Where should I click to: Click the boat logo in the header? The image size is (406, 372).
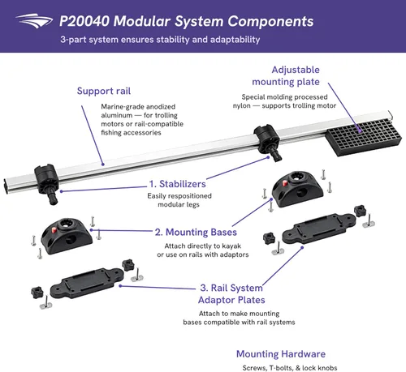(x=34, y=21)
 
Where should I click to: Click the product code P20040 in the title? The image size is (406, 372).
(x=84, y=21)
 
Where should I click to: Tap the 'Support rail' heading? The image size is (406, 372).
(x=104, y=91)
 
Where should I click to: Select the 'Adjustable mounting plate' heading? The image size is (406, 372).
(x=286, y=75)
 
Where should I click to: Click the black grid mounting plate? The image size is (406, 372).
(x=364, y=137)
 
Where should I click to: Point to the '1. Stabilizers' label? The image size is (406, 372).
(x=178, y=184)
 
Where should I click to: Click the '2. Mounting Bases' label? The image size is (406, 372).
(x=196, y=233)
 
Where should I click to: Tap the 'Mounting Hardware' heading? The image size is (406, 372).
(x=281, y=354)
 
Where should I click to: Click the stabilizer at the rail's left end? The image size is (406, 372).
(x=46, y=183)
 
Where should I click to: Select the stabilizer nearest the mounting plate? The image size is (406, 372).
(x=267, y=142)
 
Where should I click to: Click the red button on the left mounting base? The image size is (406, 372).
(x=54, y=229)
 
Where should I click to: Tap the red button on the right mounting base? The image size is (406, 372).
(x=285, y=183)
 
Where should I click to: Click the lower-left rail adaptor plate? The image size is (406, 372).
(x=87, y=282)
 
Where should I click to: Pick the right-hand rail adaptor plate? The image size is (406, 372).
(x=318, y=228)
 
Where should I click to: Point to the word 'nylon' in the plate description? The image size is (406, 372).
(x=242, y=105)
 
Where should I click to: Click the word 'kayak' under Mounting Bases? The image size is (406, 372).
(x=231, y=246)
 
